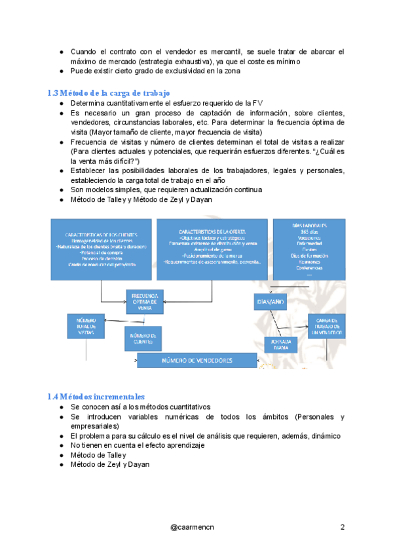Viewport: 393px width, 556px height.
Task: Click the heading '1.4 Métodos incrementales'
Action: click(96, 397)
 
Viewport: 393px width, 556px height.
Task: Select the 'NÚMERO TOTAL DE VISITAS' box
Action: click(85, 326)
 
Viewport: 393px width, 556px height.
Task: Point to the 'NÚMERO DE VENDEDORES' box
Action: click(196, 361)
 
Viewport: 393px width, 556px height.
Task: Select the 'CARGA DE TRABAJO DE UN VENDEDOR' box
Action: click(327, 325)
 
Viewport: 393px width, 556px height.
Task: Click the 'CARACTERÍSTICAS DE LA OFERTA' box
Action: click(212, 247)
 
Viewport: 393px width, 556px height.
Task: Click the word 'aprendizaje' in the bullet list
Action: click(184, 445)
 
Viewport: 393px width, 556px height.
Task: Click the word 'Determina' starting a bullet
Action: click(88, 103)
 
